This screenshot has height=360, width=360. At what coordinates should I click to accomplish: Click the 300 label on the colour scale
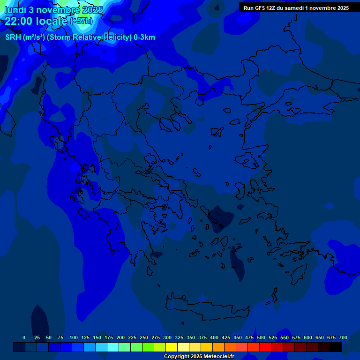click(x=167, y=337)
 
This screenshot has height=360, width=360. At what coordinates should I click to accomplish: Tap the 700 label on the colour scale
click(x=343, y=337)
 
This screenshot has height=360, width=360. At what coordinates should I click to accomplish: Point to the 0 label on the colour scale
click(x=24, y=337)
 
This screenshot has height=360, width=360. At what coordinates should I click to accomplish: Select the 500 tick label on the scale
click(x=261, y=337)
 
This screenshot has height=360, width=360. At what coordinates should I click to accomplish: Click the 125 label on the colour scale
click(x=85, y=337)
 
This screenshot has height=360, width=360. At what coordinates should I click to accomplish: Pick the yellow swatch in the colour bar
click(x=172, y=347)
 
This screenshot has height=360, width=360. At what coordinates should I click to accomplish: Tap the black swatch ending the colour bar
click(x=336, y=347)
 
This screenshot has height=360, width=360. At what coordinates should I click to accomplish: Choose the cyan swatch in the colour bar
click(x=113, y=347)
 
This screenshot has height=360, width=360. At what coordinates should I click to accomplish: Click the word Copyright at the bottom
click(x=178, y=357)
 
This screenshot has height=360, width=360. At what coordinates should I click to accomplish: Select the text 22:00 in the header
click(x=19, y=21)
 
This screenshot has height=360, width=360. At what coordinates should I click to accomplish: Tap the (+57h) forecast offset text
click(x=81, y=21)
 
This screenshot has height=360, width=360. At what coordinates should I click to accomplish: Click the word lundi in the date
click(x=15, y=10)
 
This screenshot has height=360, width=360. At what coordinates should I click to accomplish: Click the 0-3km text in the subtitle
click(x=144, y=37)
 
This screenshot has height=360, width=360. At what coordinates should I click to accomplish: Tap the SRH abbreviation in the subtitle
click(x=13, y=37)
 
